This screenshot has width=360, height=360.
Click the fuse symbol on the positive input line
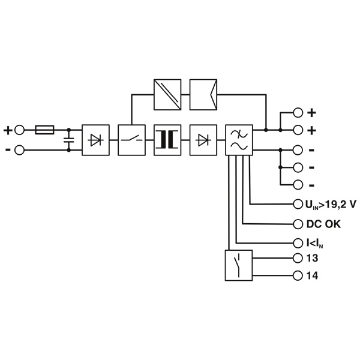click(44, 130)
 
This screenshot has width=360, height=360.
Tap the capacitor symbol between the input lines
click(68, 140)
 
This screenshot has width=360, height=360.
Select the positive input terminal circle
click(19, 130)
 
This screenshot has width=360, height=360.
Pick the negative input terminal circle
click(19, 150)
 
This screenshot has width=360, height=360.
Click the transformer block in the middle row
click(167, 140)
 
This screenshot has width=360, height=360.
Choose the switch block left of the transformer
click(131, 140)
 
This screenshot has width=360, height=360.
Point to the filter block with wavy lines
click(239, 140)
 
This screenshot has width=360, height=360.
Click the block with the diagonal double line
click(167, 95)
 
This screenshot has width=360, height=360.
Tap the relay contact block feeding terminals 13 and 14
click(239, 265)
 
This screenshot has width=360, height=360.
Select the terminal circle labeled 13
click(298, 258)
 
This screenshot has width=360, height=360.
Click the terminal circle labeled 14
click(298, 275)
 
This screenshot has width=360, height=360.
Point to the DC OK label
click(323, 224)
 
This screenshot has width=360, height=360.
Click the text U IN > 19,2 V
click(331, 205)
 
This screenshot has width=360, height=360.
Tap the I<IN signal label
click(315, 244)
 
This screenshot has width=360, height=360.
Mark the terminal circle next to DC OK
click(298, 224)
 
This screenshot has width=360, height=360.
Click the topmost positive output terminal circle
click(298, 113)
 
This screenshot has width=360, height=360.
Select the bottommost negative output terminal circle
click(298, 185)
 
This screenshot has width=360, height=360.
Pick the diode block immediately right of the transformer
click(203, 140)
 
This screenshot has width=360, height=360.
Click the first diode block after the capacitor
click(96, 140)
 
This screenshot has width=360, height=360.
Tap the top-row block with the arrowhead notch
click(203, 95)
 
